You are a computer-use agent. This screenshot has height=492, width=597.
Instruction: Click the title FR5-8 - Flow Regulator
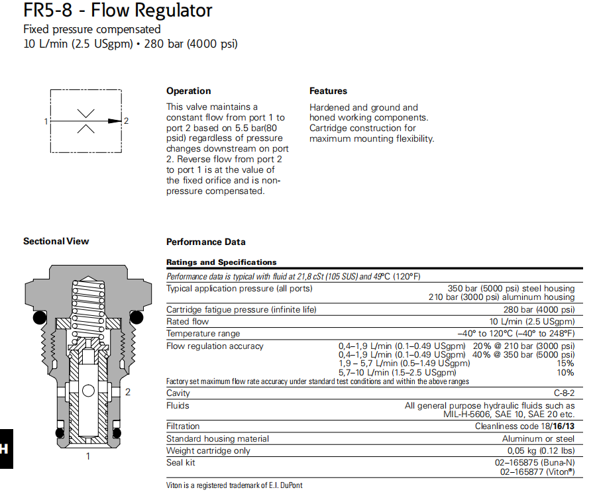click(118, 11)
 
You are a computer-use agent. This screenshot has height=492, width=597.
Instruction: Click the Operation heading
click(188, 91)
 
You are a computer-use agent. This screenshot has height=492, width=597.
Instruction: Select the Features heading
click(328, 91)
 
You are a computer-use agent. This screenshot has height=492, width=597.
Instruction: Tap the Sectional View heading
click(56, 242)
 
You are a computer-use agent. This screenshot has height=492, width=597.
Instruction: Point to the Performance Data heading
click(205, 242)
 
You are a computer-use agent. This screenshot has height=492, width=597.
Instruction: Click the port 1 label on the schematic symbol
click(46, 121)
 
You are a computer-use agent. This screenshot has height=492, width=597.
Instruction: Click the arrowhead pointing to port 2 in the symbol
click(115, 121)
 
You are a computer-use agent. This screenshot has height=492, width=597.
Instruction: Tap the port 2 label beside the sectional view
click(128, 392)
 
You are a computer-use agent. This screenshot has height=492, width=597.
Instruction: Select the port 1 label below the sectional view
click(88, 456)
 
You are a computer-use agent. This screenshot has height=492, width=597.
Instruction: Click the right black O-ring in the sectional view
click(136, 318)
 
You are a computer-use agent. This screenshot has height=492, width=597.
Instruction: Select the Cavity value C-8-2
click(563, 393)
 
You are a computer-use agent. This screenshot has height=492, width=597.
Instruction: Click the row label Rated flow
click(188, 322)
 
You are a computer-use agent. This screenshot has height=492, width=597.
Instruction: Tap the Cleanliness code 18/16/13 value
click(524, 426)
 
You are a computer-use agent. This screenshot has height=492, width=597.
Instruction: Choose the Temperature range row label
click(203, 334)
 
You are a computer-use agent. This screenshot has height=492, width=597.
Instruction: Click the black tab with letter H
click(5, 449)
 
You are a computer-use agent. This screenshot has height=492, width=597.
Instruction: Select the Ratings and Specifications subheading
click(221, 262)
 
